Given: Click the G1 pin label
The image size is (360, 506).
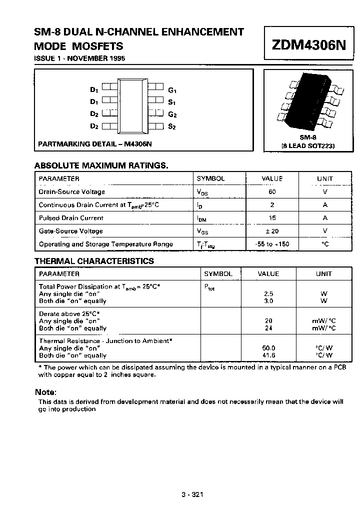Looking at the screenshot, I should (x=172, y=90).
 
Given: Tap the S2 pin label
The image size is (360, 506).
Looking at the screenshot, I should (x=172, y=126).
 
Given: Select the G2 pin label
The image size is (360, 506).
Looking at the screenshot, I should (x=172, y=114).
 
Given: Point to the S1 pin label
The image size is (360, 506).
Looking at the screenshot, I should (x=172, y=102).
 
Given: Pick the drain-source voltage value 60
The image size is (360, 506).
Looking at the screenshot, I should (x=272, y=191).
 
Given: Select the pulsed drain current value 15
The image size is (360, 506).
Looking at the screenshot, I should (x=272, y=218).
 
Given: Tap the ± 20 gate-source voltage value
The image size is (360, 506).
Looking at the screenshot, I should (x=272, y=231).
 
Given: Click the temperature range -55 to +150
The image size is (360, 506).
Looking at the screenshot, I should (x=272, y=244).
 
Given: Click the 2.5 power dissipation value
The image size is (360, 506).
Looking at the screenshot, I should (x=268, y=294).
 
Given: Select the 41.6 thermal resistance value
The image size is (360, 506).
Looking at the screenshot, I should (x=268, y=355).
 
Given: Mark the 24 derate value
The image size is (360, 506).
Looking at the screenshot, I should (x=268, y=328).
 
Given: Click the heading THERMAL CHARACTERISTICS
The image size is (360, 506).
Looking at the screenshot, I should (x=94, y=261).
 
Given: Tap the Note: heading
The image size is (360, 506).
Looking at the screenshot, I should (x=45, y=392).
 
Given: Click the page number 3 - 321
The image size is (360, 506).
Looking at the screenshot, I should (x=192, y=495).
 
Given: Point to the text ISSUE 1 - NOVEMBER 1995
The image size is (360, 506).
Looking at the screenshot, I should (x=79, y=58).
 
